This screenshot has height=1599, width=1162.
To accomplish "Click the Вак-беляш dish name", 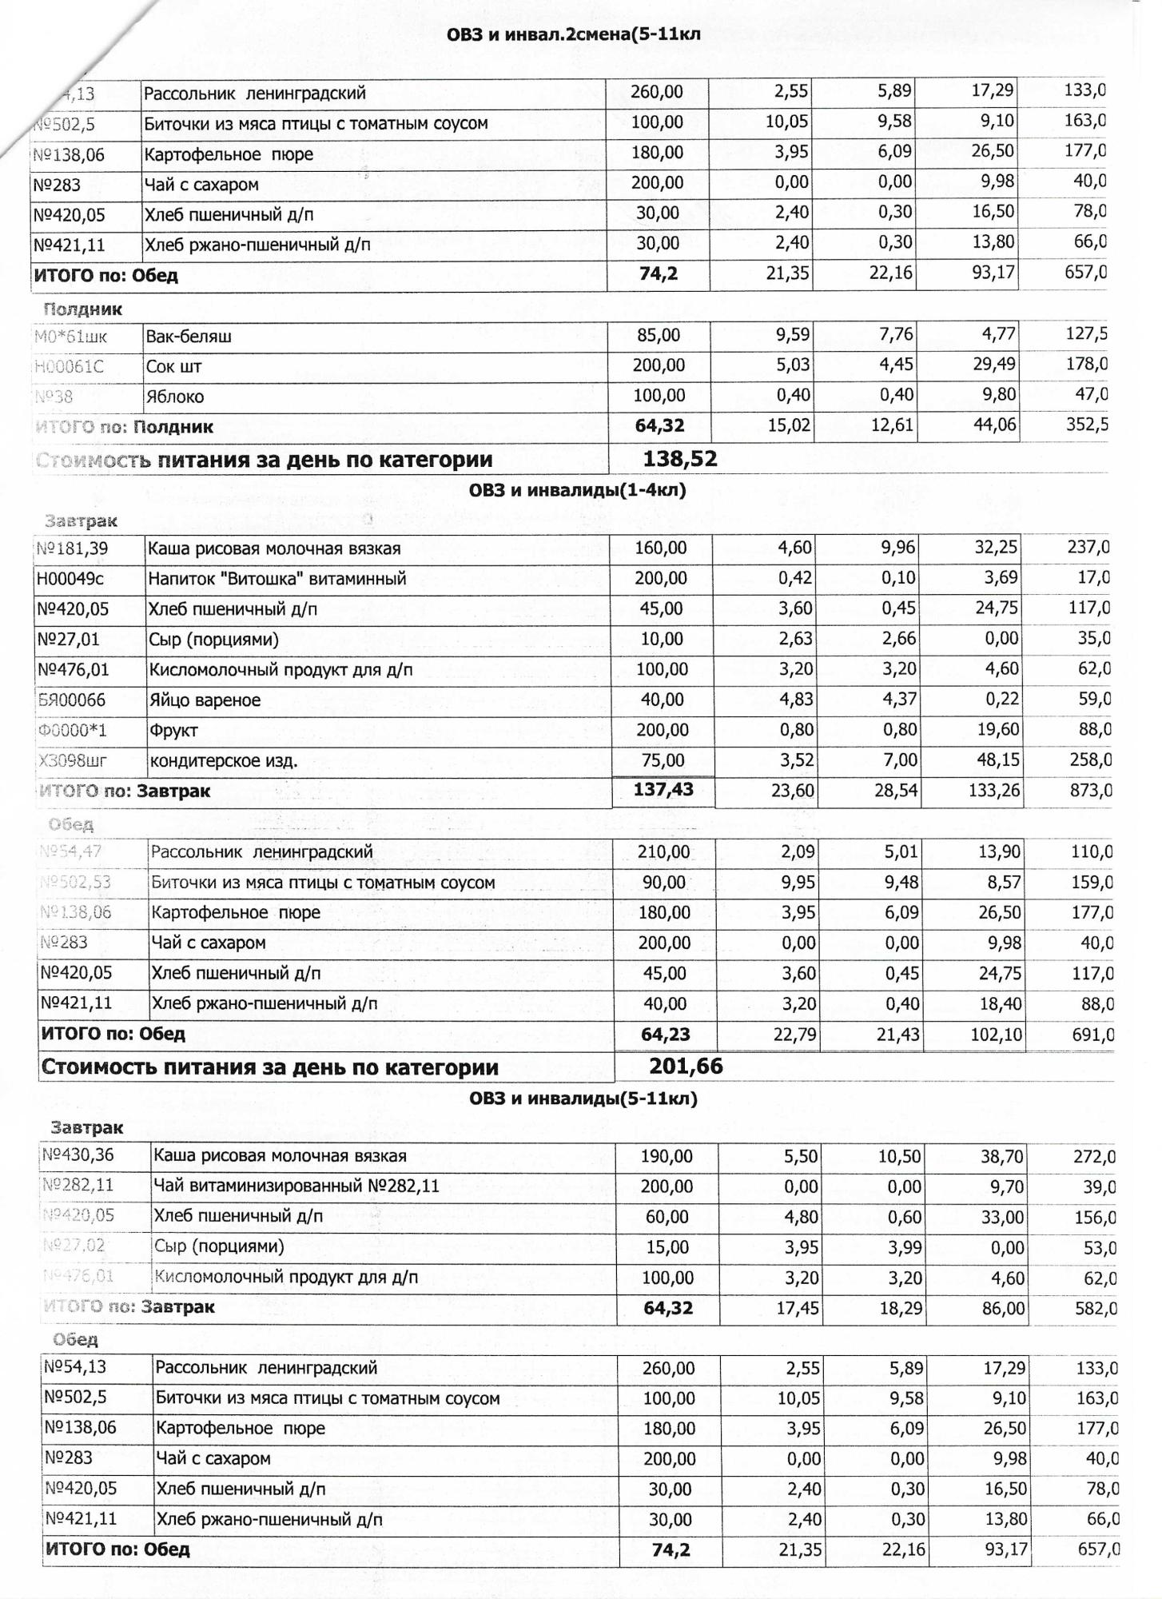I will (x=189, y=337).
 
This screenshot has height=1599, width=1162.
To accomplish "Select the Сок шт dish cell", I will (x=173, y=367).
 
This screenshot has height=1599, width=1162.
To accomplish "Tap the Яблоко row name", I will (x=174, y=397).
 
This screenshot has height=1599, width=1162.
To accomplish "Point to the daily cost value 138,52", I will (x=680, y=459).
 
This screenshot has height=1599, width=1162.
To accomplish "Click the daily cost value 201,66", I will (x=686, y=1066).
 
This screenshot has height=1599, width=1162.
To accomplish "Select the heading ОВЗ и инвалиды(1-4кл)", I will (x=577, y=490).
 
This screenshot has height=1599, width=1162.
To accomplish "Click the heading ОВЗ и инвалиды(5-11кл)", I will (x=583, y=1099).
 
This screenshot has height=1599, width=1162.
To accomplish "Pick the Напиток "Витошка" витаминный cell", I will (x=277, y=579).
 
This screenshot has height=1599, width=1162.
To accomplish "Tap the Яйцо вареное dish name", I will (x=205, y=700).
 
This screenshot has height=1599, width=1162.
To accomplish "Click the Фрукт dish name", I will (x=173, y=731).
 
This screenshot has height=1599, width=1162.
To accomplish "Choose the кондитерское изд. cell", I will (x=224, y=761).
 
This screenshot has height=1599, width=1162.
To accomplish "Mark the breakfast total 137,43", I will (x=663, y=790).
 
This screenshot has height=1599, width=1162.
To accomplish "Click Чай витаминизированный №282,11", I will (x=296, y=1186).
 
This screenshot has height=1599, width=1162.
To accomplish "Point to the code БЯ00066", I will (x=71, y=700).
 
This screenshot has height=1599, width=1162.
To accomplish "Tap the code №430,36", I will (x=78, y=1156).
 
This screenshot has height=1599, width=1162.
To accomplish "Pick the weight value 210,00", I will (x=663, y=852).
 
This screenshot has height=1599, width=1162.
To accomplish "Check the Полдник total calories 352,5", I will (x=1087, y=425).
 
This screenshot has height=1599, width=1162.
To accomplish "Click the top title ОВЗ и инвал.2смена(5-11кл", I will (x=573, y=34).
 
